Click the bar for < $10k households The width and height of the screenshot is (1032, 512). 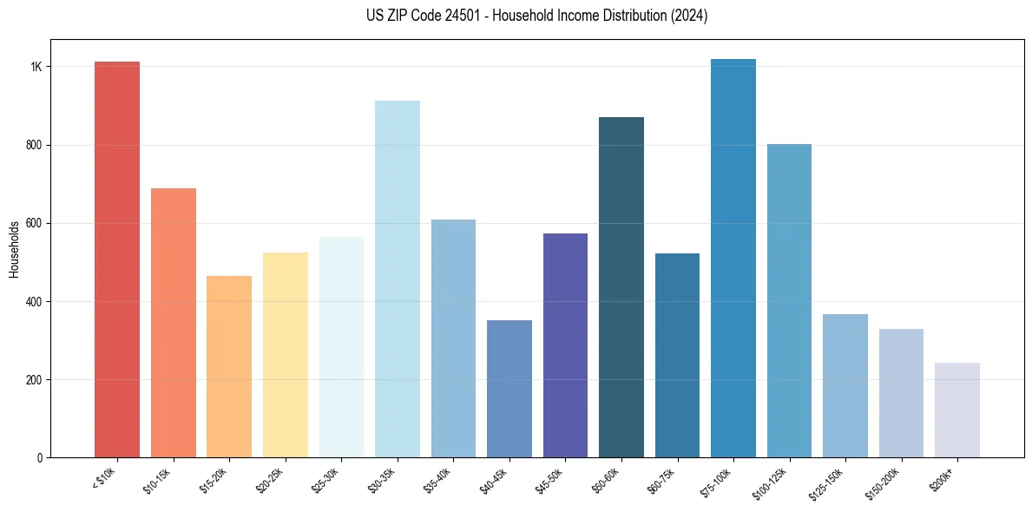117,260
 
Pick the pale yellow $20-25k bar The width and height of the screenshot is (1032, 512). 285,355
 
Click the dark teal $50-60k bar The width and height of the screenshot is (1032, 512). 621,287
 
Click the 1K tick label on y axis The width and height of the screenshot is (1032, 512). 36,67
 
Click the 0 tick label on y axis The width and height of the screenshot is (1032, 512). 40,457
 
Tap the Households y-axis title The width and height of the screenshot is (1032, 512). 14,248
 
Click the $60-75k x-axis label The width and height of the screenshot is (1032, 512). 662,479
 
